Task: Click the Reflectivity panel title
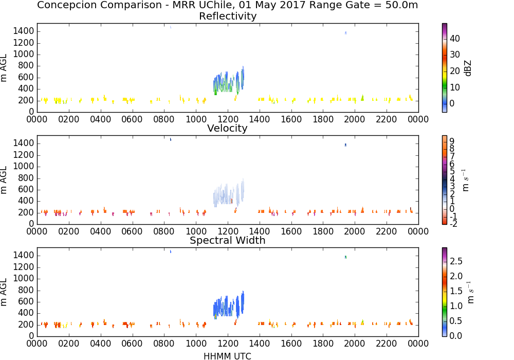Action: (228, 16)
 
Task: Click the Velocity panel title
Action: (227, 128)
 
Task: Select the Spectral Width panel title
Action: (228, 240)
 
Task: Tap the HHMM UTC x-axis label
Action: (227, 356)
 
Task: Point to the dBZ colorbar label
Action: (468, 68)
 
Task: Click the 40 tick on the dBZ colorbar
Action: (455, 39)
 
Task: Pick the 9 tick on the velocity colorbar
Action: (452, 141)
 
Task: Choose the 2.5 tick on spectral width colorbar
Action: (456, 261)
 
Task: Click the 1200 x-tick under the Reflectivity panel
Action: (228, 119)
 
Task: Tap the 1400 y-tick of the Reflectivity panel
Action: (24, 31)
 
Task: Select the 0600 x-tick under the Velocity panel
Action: (132, 231)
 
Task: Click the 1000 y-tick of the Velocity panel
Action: (24, 167)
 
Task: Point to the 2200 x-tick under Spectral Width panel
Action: (387, 344)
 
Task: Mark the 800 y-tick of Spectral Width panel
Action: (26, 290)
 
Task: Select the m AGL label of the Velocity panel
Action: (4, 180)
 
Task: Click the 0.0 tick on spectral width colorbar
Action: (456, 336)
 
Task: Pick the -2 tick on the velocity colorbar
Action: (453, 224)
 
